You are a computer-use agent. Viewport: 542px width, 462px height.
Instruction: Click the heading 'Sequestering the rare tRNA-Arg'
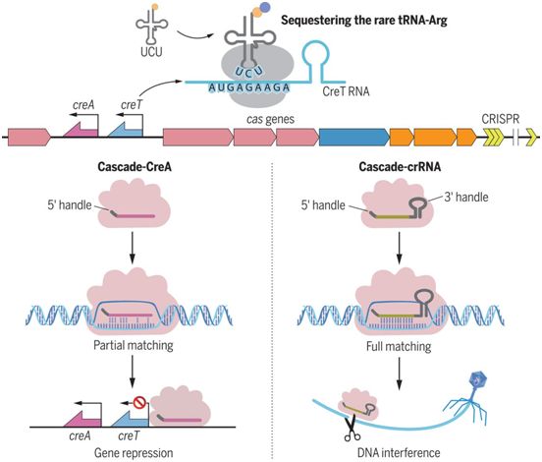click(364, 21)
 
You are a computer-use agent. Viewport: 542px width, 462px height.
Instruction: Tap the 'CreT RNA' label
click(346, 91)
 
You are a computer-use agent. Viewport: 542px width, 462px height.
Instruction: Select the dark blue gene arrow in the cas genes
click(354, 137)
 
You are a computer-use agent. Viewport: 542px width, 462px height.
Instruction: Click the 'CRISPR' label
click(500, 119)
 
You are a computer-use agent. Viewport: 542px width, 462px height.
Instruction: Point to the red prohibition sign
click(139, 402)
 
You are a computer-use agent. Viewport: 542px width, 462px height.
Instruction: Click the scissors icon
click(352, 430)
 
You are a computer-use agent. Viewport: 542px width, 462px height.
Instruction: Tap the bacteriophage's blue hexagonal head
click(477, 380)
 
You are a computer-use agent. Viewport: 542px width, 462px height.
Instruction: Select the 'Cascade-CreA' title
click(135, 167)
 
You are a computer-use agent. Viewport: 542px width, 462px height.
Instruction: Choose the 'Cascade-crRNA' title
click(400, 167)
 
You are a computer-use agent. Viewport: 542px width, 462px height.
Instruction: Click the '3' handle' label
click(466, 197)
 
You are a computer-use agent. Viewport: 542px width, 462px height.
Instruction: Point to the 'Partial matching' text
click(134, 345)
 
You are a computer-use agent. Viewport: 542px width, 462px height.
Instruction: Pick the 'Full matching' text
click(399, 346)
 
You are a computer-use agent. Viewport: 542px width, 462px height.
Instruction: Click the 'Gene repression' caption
click(134, 452)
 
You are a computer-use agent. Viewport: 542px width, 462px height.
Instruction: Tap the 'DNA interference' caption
click(399, 452)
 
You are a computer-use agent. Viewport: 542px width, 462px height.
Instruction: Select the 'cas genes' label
click(270, 119)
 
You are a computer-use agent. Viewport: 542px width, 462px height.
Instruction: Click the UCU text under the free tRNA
click(151, 52)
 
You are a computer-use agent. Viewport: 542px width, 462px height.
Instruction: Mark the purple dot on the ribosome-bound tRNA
click(265, 7)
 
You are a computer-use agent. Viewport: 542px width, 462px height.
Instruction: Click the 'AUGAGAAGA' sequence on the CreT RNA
click(248, 87)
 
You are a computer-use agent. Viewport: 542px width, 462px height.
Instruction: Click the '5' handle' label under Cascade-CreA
click(70, 204)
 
